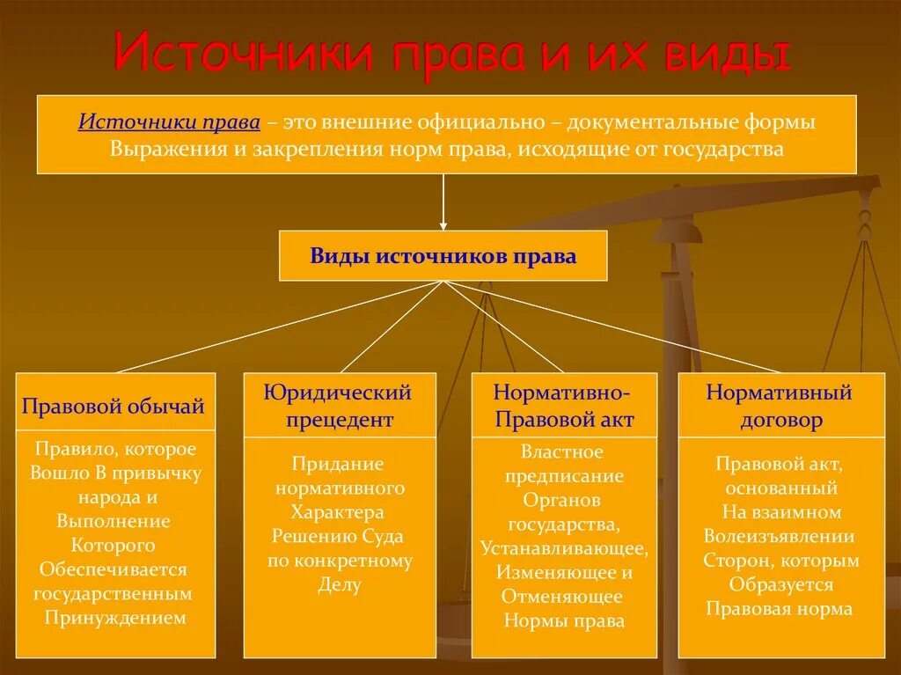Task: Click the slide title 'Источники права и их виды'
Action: [x=450, y=55]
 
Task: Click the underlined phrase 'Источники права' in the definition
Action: [x=169, y=121]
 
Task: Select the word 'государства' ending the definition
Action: [x=727, y=148]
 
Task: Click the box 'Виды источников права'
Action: [x=443, y=256]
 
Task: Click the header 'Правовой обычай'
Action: [x=114, y=405]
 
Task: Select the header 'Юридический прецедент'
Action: [x=339, y=405]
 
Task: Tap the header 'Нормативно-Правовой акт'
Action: [x=563, y=405]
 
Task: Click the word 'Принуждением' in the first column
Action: [x=115, y=617]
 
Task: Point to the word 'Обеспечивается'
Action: [x=114, y=569]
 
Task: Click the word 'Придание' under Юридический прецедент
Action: [x=339, y=464]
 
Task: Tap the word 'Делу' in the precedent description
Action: [x=340, y=584]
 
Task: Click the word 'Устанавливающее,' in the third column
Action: [x=564, y=548]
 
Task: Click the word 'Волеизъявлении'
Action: [x=780, y=536]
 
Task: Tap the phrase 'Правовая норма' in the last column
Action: [x=780, y=608]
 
